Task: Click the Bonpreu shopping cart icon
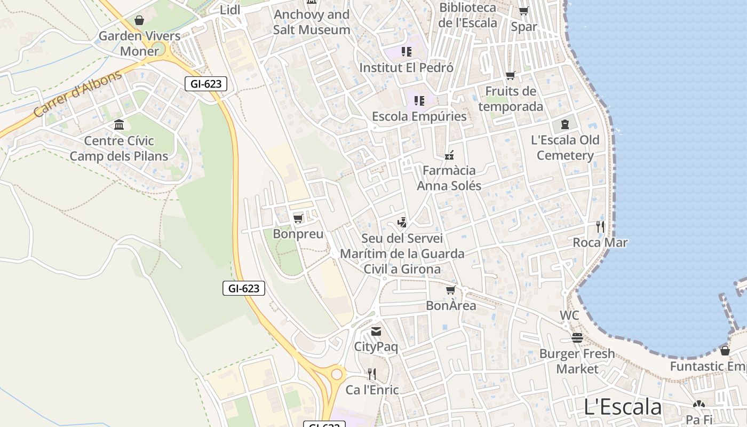tap(298, 218)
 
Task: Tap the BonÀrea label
tap(451, 306)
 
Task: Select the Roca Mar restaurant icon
tap(600, 227)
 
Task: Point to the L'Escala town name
tap(623, 407)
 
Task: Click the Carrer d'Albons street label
tap(77, 94)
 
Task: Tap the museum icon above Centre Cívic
tap(119, 125)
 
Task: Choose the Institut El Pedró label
tap(406, 68)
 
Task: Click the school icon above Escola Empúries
tap(419, 100)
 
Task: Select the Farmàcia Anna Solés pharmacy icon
tap(449, 155)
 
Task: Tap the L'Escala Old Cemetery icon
tap(565, 125)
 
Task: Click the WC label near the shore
tap(569, 315)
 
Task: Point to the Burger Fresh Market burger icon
tap(577, 338)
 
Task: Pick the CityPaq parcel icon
tap(376, 331)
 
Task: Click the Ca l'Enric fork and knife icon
tap(372, 374)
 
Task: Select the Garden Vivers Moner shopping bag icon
tap(139, 21)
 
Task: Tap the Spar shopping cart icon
tap(524, 11)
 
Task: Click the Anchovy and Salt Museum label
tap(312, 22)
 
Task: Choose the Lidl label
tap(230, 10)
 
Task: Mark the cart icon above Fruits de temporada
tap(511, 76)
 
